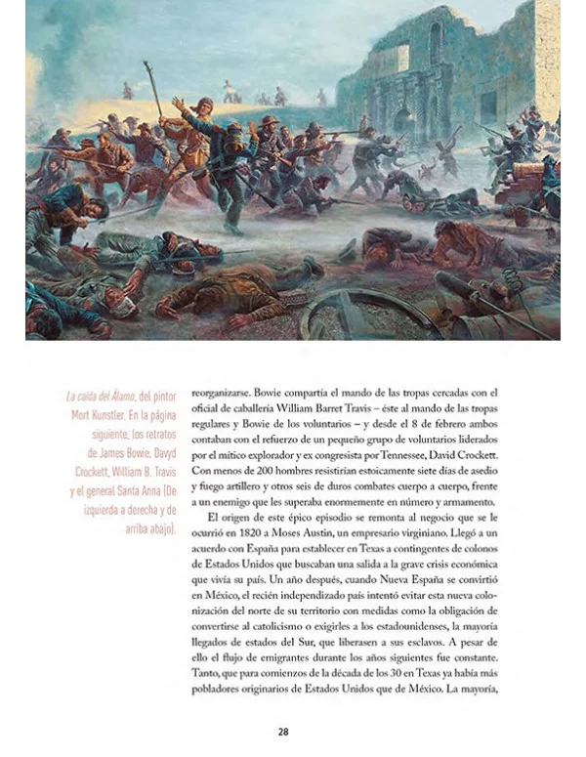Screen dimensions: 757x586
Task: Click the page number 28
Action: [282, 731]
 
